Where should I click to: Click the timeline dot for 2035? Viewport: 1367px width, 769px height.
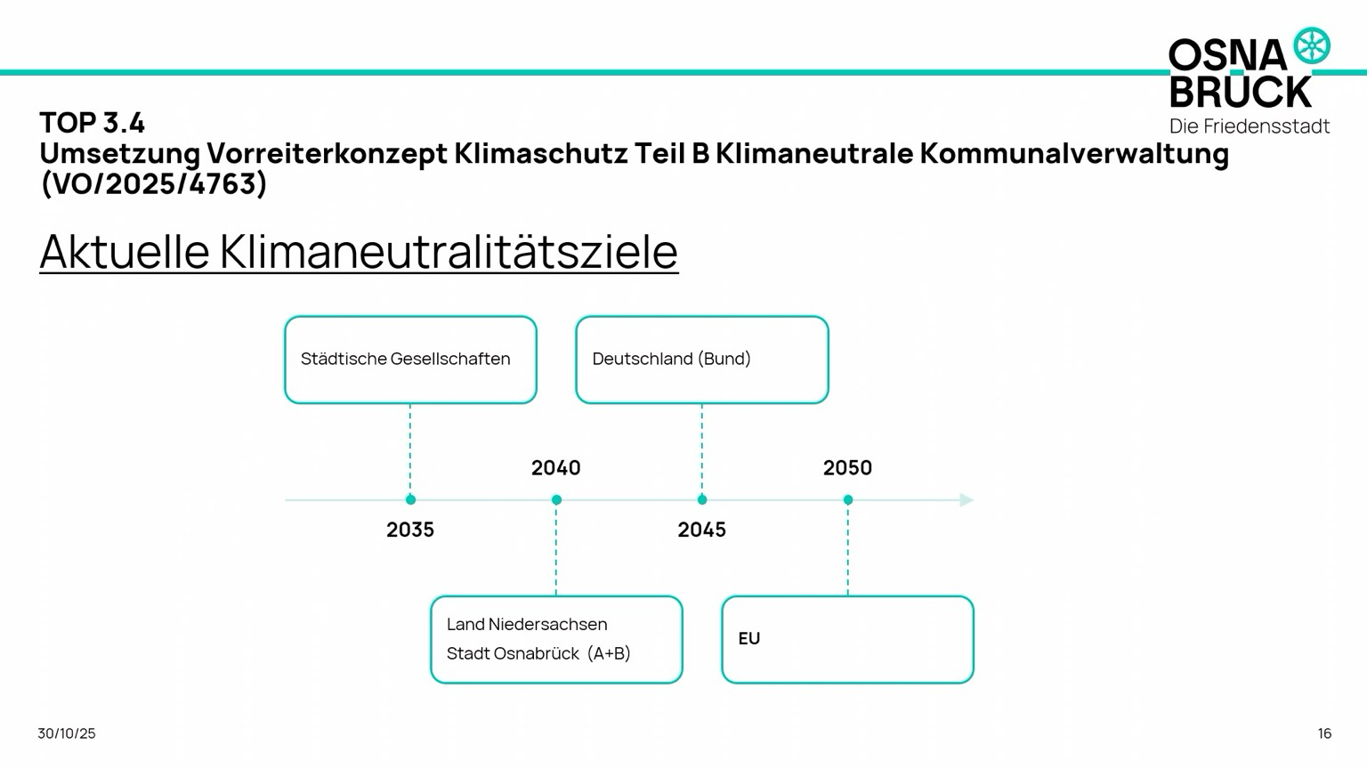click(410, 500)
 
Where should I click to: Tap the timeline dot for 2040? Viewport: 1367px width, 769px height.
click(556, 500)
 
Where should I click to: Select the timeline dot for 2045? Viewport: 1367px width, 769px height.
click(702, 500)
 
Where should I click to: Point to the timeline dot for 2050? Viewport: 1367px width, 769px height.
click(848, 500)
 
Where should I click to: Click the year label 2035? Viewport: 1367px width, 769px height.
click(410, 530)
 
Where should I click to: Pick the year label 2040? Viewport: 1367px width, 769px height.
click(556, 468)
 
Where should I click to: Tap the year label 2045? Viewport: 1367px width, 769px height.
click(702, 530)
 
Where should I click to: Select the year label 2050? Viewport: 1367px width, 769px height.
click(847, 468)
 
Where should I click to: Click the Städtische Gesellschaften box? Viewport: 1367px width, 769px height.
click(410, 360)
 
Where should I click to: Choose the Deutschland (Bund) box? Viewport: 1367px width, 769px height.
click(702, 360)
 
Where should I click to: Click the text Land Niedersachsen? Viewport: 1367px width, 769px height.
click(527, 624)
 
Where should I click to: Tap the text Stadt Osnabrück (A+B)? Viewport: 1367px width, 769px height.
click(538, 653)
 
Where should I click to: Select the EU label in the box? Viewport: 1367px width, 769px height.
click(749, 638)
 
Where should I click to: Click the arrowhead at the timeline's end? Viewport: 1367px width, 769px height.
click(967, 500)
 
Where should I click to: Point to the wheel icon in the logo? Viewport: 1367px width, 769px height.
click(1312, 45)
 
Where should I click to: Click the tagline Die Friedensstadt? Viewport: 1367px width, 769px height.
click(1250, 126)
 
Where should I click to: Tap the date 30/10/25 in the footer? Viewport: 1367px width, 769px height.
click(67, 733)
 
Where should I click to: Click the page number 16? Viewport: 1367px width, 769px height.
click(1324, 733)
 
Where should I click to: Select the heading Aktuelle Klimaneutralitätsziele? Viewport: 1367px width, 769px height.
click(359, 252)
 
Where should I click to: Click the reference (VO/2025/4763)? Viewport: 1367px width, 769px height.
click(154, 183)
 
